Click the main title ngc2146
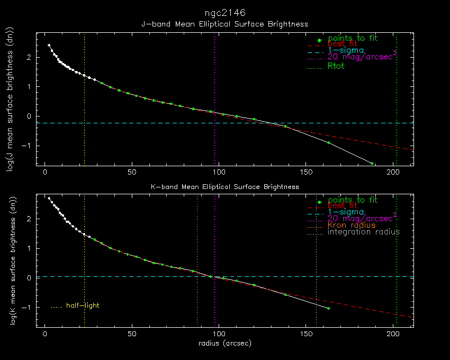click(225, 12)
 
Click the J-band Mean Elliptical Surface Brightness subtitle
click(225, 24)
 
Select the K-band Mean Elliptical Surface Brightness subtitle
click(225, 186)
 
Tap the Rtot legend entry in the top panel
click(336, 66)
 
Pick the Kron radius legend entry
click(352, 225)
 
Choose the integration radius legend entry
click(364, 232)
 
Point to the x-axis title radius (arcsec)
click(225, 343)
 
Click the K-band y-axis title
click(10, 261)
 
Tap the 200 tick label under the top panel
click(393, 173)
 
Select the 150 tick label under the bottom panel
click(306, 335)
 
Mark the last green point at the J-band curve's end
click(372, 164)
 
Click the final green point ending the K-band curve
click(328, 308)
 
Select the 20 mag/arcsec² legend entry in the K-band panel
click(362, 218)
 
